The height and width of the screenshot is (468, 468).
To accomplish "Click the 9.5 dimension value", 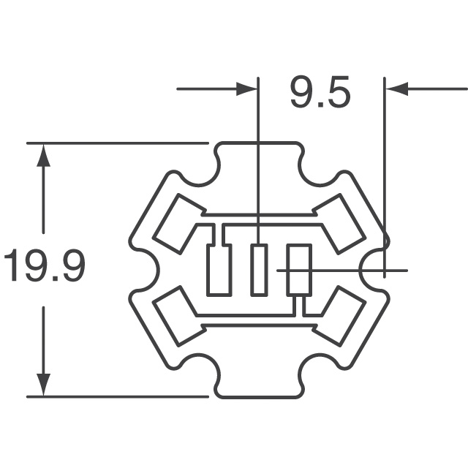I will point(320,93).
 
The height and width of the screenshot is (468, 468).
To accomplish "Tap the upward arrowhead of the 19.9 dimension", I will point(44,155).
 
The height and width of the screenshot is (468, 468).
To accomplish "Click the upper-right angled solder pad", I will point(341,224).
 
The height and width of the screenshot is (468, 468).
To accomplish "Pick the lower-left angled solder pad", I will point(175,316).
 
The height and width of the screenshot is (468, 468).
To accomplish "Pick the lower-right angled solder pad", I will point(341,316).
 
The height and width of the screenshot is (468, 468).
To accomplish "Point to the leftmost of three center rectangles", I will point(219,271).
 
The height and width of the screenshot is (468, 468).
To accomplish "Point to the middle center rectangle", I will point(258,271).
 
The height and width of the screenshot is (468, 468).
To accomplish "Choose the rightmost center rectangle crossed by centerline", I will point(298,271).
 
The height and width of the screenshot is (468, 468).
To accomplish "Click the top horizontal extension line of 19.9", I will point(117,143).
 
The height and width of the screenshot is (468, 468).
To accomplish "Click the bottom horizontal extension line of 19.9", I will point(117,396).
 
